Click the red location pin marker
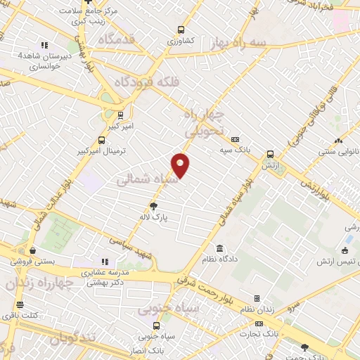pyautogui.click(x=181, y=165)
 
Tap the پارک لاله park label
pyautogui.click(x=154, y=217)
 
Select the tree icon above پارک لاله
pyautogui.click(x=153, y=205)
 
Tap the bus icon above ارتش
pyautogui.click(x=270, y=155)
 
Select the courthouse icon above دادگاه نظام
pyautogui.click(x=220, y=249)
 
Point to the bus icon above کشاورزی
pyautogui.click(x=181, y=30)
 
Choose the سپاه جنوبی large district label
pyautogui.click(x=169, y=307)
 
